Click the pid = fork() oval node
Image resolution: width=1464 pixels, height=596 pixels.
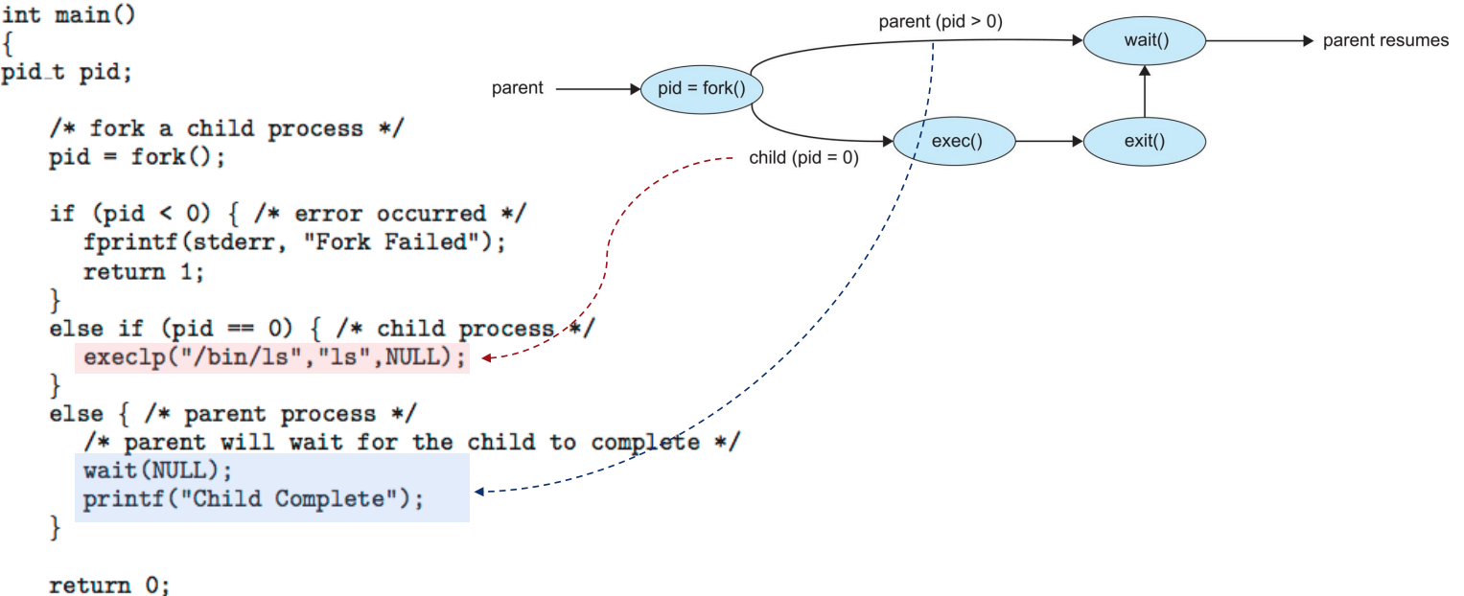[x=701, y=89]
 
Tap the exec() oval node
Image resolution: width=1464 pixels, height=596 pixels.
[x=954, y=143]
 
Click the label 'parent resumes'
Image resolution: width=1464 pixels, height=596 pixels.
[x=1385, y=41]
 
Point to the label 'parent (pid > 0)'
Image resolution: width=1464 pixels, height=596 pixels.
[x=940, y=20]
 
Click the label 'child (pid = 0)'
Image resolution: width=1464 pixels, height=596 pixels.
[x=803, y=158]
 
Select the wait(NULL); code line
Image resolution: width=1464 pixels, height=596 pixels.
[x=158, y=471]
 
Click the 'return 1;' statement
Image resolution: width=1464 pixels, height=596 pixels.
[x=144, y=271]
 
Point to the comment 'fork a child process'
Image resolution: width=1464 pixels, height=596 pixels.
[x=226, y=129]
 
